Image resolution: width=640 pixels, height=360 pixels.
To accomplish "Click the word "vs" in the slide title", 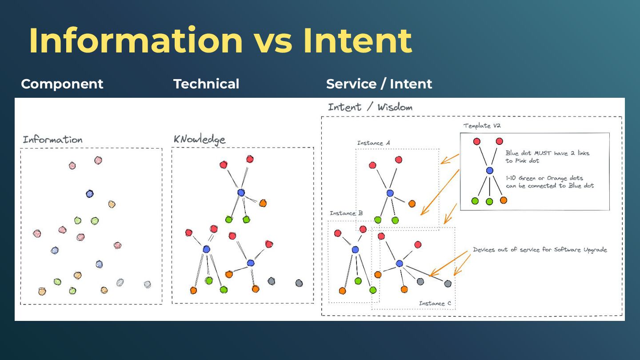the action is point(273,41).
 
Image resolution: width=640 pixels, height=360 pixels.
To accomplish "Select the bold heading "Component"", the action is point(62,84).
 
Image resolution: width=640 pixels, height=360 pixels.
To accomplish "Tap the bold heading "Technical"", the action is point(206,84).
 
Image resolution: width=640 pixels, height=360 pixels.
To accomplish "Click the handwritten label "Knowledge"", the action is point(200,140).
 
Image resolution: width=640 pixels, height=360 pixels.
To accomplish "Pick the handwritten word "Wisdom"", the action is point(395,107).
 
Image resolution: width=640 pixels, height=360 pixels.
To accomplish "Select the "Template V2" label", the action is point(483,126).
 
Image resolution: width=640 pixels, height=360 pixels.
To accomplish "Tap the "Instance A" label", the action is point(373,143).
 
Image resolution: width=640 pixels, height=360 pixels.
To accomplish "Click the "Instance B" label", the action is point(346,213).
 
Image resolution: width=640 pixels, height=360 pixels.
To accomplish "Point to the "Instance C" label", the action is point(435,304).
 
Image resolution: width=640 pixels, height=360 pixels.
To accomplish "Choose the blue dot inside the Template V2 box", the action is point(490,170).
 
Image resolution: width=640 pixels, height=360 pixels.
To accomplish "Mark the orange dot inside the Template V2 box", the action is point(504,200).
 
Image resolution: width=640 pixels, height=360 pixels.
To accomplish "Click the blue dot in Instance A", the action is point(390,193).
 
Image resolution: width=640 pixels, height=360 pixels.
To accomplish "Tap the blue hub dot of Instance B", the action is point(355,250).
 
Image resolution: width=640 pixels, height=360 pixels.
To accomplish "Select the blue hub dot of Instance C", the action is point(399,264).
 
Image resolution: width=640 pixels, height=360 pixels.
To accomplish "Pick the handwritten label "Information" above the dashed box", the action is point(52,140).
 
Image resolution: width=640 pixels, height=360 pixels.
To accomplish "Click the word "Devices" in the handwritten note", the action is point(484,250).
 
